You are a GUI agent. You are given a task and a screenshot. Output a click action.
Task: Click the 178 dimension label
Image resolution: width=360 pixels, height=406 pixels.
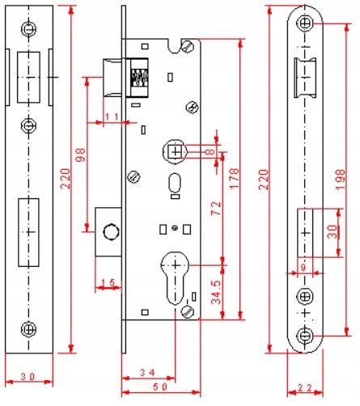pos(234,178)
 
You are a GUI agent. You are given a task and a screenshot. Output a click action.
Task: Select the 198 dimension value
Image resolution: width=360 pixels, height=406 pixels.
pos(340,179)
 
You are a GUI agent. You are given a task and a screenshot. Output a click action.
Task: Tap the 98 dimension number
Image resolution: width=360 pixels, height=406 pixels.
pos(80,154)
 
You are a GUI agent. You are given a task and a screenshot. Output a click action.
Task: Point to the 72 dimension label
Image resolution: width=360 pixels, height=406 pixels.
pos(216,208)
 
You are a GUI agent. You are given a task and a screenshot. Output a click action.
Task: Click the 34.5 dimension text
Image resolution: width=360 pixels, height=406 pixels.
pos(216,292)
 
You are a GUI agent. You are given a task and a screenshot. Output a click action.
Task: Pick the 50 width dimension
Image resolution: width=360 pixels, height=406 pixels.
pos(161,387)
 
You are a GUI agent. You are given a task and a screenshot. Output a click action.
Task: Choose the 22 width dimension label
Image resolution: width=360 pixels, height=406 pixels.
pos(305,388)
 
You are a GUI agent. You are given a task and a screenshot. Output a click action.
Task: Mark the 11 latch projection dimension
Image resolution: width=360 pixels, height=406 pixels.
pos(112,117)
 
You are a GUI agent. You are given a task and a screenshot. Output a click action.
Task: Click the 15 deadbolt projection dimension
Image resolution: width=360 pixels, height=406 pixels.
pos(108,282)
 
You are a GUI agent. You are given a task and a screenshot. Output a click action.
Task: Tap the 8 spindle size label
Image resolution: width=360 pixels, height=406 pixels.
pos(210,152)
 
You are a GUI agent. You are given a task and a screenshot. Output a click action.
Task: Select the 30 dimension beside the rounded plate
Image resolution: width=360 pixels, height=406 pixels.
pos(332,232)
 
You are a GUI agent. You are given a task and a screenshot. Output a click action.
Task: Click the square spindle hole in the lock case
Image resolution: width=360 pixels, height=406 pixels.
pos(176,151)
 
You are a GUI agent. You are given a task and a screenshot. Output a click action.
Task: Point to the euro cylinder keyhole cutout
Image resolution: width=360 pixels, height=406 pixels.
pos(175,278)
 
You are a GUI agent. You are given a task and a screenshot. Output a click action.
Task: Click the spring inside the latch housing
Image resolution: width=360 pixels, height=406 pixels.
pos(139,78)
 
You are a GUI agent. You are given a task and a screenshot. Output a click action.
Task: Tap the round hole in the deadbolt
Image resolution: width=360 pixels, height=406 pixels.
pos(111,231)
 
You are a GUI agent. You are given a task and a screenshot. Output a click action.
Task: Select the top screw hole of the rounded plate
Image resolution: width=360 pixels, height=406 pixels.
pos(305,23)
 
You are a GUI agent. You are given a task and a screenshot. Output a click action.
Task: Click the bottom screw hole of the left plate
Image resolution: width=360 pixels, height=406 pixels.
pos(29,329)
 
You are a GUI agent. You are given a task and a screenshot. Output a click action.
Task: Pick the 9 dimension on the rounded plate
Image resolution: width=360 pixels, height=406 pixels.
pos(303,268)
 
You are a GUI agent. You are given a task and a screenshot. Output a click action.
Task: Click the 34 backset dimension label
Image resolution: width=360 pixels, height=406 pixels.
pos(147,373)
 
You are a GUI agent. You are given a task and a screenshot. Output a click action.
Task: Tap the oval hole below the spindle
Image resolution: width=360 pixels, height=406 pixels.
pos(175,183)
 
